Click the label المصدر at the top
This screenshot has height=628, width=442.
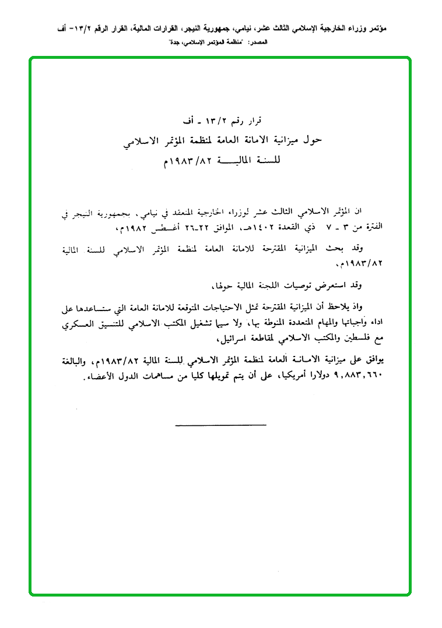click(258, 44)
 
